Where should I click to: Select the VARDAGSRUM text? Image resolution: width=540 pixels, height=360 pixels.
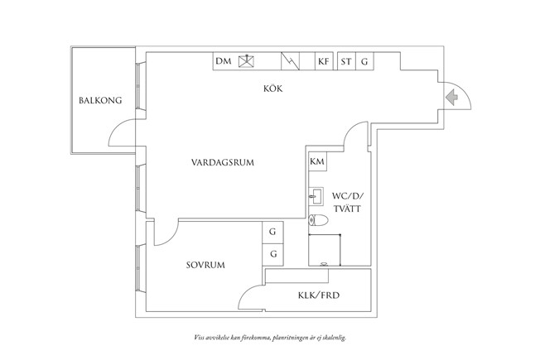(x=221, y=162)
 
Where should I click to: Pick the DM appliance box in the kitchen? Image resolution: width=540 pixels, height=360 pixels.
(x=223, y=61)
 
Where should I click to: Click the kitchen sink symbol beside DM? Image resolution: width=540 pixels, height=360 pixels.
(x=245, y=61)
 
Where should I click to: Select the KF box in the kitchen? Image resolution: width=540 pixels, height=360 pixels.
(x=324, y=61)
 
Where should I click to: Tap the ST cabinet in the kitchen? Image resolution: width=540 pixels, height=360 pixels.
(x=345, y=61)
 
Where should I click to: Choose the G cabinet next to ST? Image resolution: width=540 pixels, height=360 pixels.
(x=364, y=61)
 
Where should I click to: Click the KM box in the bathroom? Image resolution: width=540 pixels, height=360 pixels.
(x=316, y=161)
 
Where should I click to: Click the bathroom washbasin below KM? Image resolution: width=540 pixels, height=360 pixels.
(x=316, y=196)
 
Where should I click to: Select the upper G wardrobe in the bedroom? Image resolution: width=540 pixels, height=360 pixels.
(x=272, y=233)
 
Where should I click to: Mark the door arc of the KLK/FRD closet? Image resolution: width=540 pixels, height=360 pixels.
(x=250, y=295)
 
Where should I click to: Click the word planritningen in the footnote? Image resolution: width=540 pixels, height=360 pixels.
(x=293, y=338)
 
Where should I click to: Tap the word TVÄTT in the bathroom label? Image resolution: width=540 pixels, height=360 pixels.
(x=347, y=210)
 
